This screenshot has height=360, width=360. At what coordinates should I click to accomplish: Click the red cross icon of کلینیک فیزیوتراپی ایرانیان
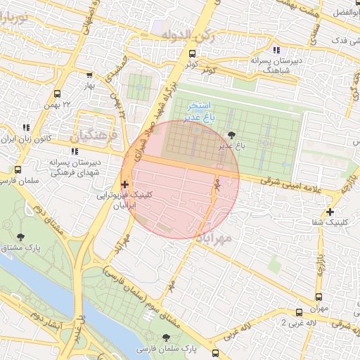pos(124,186)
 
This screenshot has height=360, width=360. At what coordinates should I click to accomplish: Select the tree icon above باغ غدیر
pos(233,135)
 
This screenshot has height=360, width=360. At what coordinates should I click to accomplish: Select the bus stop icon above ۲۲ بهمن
pos(56,92)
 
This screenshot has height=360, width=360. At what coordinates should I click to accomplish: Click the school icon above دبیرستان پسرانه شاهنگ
pos(276,50)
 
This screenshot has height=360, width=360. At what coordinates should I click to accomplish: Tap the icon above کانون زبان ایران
pos(26,127)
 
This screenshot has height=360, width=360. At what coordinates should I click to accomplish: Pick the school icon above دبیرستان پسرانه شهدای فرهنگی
pos(74,151)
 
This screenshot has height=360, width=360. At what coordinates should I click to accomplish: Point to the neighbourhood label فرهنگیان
pos(93,134)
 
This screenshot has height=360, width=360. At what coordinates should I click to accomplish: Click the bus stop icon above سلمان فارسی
pos(18,169)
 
